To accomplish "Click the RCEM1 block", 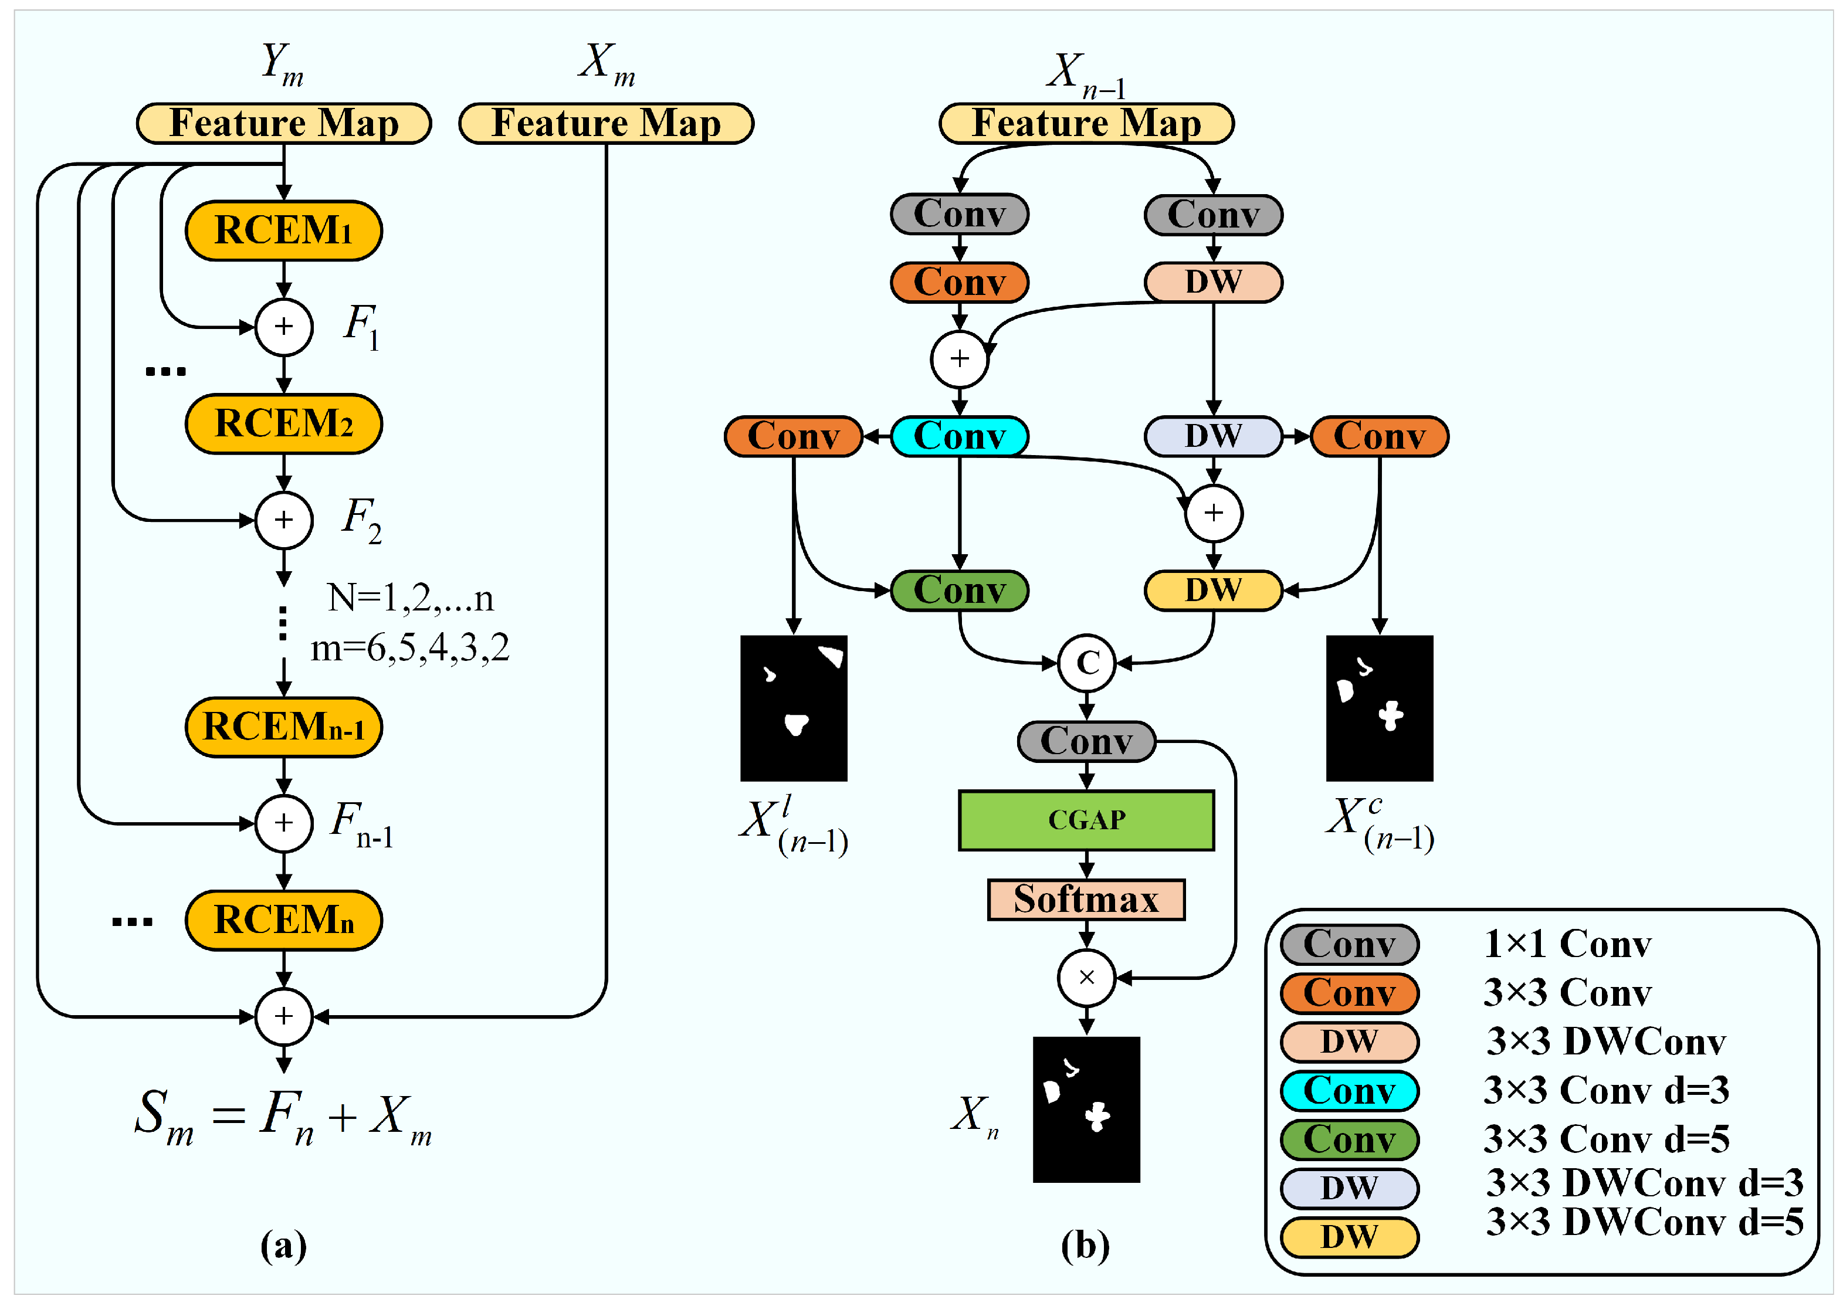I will click(x=283, y=230).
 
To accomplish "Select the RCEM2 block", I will click(x=283, y=423).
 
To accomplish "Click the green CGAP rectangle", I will click(x=1085, y=819).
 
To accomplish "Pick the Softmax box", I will click(x=1085, y=898).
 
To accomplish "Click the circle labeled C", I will click(x=1086, y=663).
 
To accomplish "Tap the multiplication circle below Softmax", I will click(x=1086, y=977).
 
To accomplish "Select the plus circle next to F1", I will click(x=283, y=327).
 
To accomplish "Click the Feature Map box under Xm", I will click(x=606, y=123).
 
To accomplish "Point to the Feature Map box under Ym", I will click(x=283, y=123).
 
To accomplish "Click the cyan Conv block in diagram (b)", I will click(x=959, y=436).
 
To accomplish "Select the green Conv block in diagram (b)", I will click(x=959, y=591).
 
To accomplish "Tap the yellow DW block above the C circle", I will click(x=1212, y=591).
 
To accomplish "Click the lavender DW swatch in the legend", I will click(x=1349, y=1188).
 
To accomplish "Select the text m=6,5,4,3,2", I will click(x=409, y=647).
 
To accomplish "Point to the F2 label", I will click(x=361, y=520).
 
